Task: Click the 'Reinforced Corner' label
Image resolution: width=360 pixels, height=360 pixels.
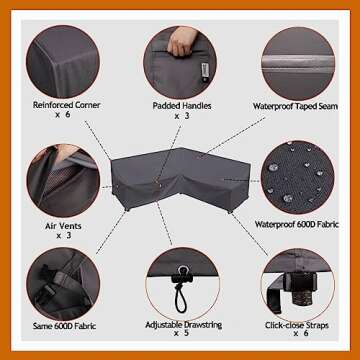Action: [x=66, y=105]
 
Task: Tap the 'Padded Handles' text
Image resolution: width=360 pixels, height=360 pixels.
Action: [x=182, y=106]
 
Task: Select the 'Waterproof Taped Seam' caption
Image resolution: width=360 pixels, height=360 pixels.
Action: [x=295, y=106]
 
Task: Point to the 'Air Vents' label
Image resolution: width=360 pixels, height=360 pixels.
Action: [x=63, y=226]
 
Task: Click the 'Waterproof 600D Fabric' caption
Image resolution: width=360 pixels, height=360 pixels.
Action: [x=297, y=224]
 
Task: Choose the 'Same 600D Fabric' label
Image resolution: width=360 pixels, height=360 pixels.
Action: [x=64, y=326]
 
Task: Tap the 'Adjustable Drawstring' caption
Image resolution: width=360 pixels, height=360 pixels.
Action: [x=184, y=325]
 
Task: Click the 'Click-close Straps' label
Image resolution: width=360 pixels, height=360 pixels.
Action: [x=297, y=325]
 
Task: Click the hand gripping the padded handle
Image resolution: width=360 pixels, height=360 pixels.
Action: [x=182, y=40]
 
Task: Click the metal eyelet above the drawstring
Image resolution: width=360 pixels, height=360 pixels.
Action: [x=182, y=270]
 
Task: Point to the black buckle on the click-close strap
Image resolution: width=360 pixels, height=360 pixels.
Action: [x=299, y=283]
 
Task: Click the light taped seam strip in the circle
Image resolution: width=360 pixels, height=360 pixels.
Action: [x=298, y=63]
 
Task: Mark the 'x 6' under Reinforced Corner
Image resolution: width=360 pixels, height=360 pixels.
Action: [x=62, y=115]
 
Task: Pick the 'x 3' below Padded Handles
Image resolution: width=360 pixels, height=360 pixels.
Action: [x=182, y=116]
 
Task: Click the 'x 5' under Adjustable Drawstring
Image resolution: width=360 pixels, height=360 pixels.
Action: [x=181, y=333]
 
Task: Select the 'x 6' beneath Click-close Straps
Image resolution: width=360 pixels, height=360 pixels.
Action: [x=300, y=333]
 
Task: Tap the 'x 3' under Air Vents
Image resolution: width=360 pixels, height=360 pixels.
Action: [x=64, y=235]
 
